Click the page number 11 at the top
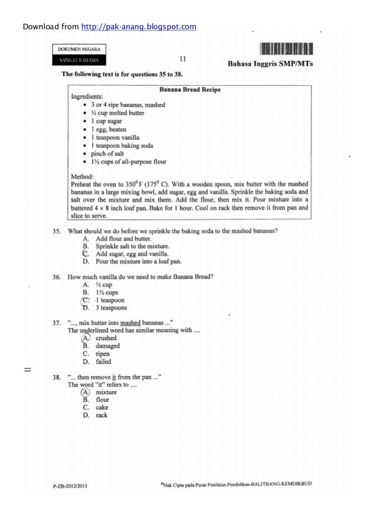(x=182, y=58)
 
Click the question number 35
(x=57, y=231)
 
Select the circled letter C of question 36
(x=86, y=300)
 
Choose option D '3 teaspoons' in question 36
(x=111, y=308)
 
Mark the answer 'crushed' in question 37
(x=106, y=338)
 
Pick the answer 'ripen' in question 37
(x=103, y=354)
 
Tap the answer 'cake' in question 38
(x=102, y=408)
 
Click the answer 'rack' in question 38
(x=102, y=416)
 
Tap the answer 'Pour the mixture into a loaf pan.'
(x=139, y=261)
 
